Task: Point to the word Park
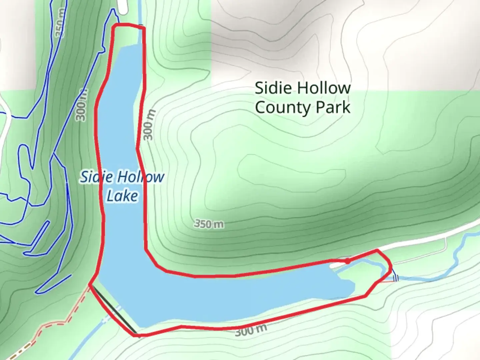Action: [x=333, y=107]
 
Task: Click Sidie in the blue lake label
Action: [x=95, y=177]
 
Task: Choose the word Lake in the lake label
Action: [x=122, y=196]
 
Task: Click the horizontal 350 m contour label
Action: [x=209, y=224]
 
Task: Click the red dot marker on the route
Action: [x=347, y=261]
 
